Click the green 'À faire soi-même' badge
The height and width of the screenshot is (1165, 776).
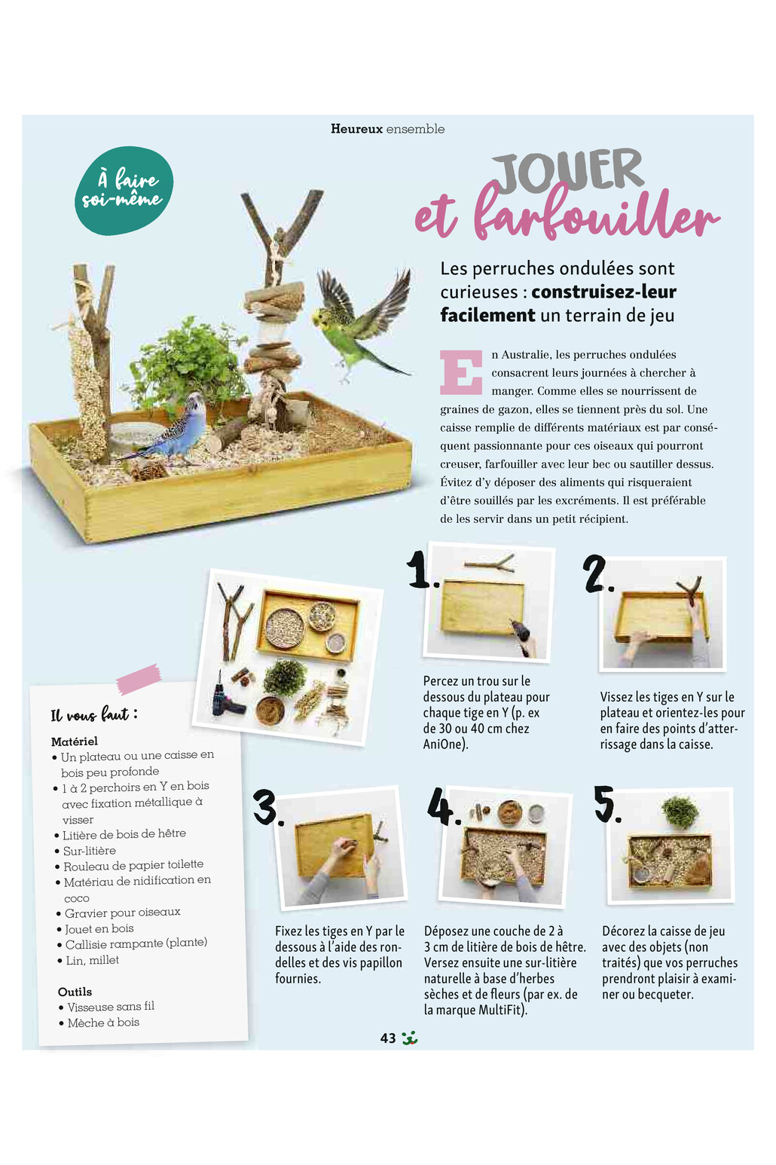tap(124, 190)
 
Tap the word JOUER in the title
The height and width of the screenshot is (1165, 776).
tap(570, 170)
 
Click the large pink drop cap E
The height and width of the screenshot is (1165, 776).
tap(460, 372)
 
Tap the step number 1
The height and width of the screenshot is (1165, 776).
tap(420, 570)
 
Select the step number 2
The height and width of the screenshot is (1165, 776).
tap(597, 574)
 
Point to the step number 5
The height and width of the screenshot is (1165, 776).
tap(606, 804)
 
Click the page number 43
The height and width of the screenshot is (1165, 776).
tap(388, 1038)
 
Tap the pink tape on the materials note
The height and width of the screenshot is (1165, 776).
tap(138, 678)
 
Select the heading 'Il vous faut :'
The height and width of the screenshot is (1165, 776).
tap(93, 714)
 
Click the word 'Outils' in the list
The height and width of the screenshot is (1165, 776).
tap(75, 992)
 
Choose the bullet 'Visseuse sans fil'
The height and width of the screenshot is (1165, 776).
tap(110, 1007)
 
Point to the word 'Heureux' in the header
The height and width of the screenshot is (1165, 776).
tap(356, 129)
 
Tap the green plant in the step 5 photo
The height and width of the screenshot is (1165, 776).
tap(680, 812)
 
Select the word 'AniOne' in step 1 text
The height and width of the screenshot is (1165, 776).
tap(444, 745)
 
